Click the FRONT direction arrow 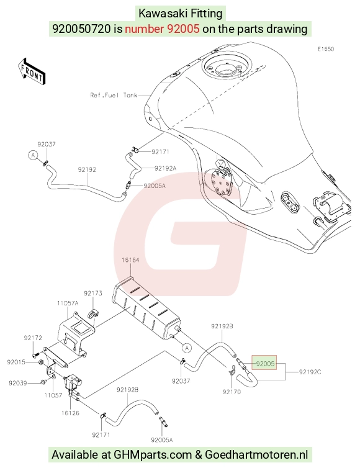coord(32,72)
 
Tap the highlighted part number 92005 coord(265,364)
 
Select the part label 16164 coord(130,260)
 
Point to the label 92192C coord(310,372)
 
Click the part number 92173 coord(93,293)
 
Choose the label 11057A coord(68,304)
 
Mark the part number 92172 coord(33,338)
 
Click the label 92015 coord(16,362)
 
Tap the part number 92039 coord(17,383)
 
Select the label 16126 coord(70,413)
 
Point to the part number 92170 coord(232,392)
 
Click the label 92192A coord(165,168)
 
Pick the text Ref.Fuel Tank coord(114,95)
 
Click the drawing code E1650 coord(326,49)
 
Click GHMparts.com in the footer coord(153,454)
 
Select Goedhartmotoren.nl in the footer coord(256,454)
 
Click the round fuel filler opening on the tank coord(226,66)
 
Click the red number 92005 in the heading coord(183,29)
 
